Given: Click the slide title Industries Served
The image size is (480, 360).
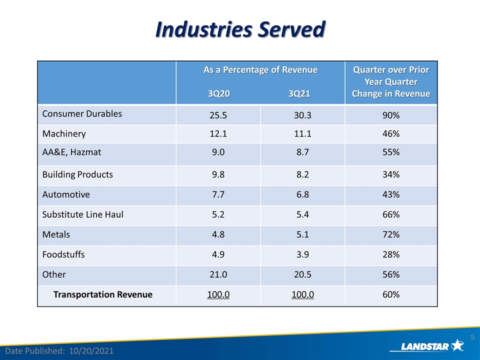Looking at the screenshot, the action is (x=240, y=29).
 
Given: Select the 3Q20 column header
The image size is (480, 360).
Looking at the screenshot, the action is (x=218, y=93).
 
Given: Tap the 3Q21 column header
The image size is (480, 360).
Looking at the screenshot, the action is (x=299, y=93).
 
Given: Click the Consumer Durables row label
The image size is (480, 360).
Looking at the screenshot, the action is (x=82, y=113).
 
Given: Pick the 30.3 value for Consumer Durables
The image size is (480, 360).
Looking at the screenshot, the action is (x=302, y=115).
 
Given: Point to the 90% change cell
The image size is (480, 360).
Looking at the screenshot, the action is (x=391, y=115).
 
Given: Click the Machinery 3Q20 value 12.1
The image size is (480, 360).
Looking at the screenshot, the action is (x=218, y=133).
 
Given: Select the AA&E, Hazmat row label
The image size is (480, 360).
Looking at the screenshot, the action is (x=71, y=152).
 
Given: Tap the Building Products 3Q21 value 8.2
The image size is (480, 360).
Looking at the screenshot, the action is (x=302, y=174).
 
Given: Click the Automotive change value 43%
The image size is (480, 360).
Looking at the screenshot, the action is (x=391, y=194).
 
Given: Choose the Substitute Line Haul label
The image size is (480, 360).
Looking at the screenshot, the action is (x=82, y=214).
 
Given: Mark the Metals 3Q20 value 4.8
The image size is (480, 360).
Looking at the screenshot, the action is (x=218, y=234).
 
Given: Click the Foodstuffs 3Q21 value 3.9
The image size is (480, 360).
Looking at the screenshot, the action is (x=302, y=254).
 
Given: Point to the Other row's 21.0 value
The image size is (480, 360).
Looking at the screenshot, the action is (x=218, y=274).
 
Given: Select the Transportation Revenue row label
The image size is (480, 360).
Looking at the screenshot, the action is (x=103, y=294).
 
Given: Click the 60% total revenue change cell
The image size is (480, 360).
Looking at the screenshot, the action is (x=391, y=294).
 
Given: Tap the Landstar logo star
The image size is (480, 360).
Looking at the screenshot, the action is (x=457, y=345).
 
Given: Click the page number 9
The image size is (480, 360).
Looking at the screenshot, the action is (x=472, y=337).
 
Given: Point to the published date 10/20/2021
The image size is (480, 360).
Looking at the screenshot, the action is (x=91, y=351).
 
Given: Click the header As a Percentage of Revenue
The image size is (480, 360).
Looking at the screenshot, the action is (x=260, y=70).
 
